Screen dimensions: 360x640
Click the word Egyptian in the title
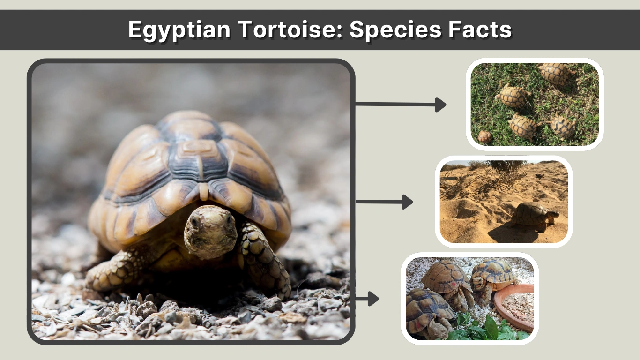pyautogui.click(x=179, y=30)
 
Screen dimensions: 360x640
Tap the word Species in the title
pyautogui.click(x=395, y=30)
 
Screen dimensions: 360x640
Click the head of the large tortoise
pyautogui.click(x=210, y=231)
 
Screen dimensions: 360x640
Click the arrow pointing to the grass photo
pyautogui.click(x=401, y=105)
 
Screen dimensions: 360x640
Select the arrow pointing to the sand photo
pyautogui.click(x=384, y=202)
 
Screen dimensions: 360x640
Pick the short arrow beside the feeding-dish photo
pyautogui.click(x=367, y=299)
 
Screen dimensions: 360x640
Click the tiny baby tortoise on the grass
pyautogui.click(x=484, y=137)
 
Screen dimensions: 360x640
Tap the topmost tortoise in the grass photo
pyautogui.click(x=556, y=73)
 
